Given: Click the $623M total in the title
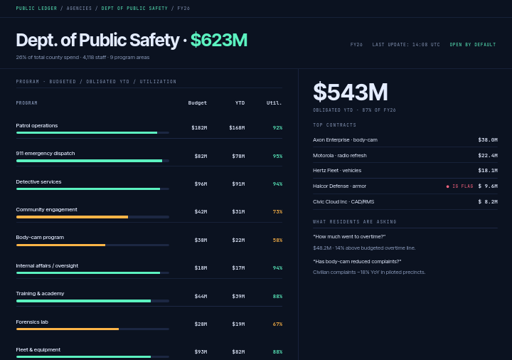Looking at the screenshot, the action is click(219, 40).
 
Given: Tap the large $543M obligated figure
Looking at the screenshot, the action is click(351, 92).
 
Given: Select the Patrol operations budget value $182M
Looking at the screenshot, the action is click(199, 128).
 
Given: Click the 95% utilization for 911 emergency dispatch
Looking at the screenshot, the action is click(277, 156).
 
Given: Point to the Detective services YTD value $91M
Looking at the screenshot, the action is click(238, 184).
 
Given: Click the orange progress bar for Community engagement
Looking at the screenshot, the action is click(72, 217).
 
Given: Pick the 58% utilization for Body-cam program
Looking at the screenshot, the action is click(277, 240).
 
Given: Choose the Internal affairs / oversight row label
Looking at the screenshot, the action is click(47, 265).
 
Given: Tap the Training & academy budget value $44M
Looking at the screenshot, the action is click(201, 296).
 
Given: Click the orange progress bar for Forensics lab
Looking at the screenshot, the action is click(68, 329).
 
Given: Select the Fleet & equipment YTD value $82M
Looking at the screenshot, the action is click(238, 352).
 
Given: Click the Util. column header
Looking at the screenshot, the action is click(274, 103).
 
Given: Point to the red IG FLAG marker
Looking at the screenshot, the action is click(460, 186).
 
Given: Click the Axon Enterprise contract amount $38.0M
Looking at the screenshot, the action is click(488, 140).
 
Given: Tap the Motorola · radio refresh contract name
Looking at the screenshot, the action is click(340, 156).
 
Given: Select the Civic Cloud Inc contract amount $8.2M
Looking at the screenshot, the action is click(488, 202).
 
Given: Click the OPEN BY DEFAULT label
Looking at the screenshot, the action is click(473, 44).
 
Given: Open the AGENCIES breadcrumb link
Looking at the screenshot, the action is click(80, 8).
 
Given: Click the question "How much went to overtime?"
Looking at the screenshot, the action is click(349, 236).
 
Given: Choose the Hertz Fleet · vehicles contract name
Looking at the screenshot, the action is click(337, 171).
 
